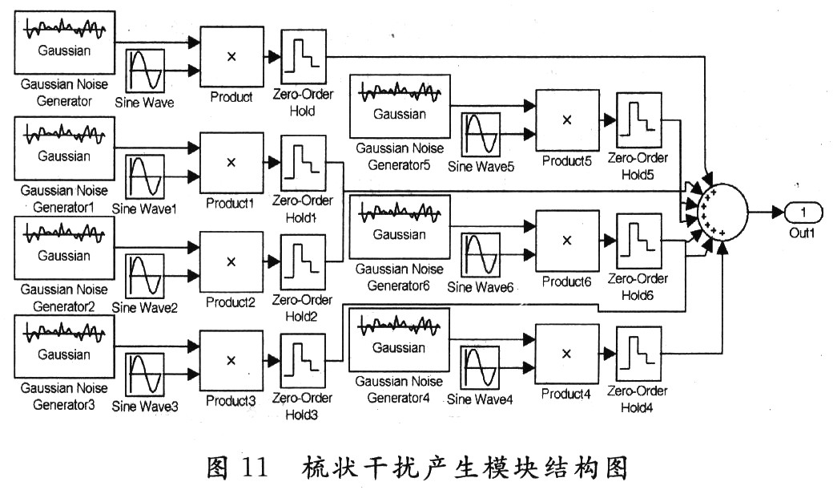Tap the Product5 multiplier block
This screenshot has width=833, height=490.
(566, 119)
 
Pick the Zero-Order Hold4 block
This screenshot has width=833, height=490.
(638, 354)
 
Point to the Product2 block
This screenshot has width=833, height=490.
(231, 261)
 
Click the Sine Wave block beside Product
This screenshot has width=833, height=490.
(146, 71)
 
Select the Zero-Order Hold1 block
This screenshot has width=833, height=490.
(303, 162)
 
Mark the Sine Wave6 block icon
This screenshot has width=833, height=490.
(481, 254)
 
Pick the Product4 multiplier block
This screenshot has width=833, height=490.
(566, 354)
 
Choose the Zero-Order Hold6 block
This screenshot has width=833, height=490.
(638, 240)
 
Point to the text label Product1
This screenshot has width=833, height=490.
(231, 203)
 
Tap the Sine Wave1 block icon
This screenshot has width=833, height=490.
(146, 176)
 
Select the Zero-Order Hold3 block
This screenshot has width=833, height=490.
(303, 361)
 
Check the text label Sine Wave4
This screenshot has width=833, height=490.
(480, 399)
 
